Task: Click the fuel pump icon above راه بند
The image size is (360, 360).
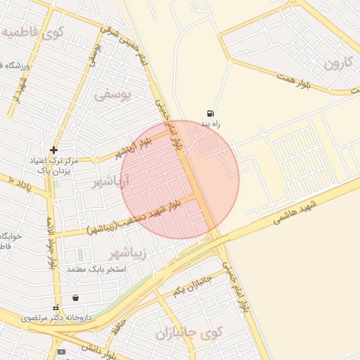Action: pos(210,113)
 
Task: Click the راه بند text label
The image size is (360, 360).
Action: pos(212,124)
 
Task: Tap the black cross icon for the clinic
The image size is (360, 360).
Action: pos(53,150)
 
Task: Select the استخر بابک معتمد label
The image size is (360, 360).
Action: pos(96,269)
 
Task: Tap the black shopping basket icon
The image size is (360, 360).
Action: pos(75,297)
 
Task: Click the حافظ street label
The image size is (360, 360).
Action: pos(120,326)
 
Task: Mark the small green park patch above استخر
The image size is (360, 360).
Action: pos(81,254)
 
